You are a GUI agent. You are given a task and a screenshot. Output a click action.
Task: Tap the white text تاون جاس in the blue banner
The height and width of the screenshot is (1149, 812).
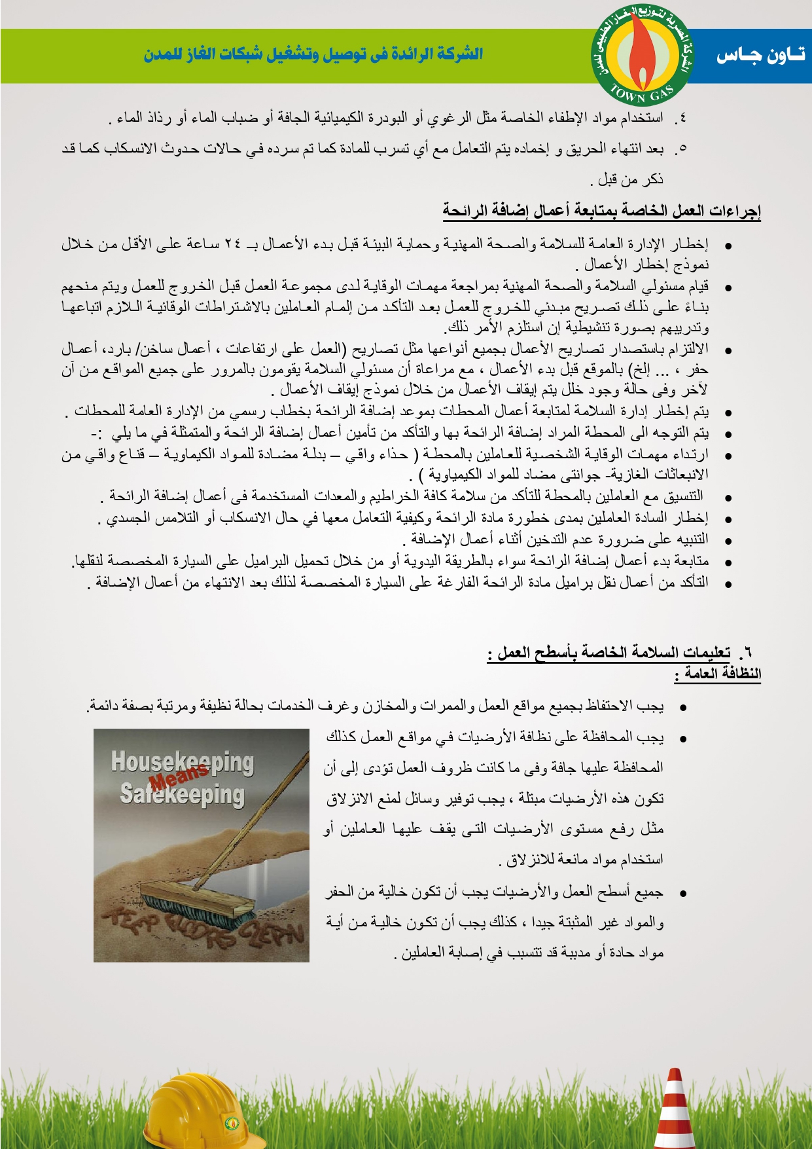760,56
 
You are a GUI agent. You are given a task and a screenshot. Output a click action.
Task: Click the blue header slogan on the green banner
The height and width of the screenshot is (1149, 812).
313,54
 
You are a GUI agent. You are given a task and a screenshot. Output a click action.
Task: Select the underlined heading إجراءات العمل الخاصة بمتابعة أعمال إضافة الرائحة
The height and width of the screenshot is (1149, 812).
601,211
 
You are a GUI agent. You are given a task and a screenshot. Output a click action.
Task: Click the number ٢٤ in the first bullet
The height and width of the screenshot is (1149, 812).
232,244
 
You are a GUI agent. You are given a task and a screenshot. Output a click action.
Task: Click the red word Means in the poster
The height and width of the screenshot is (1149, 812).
178,776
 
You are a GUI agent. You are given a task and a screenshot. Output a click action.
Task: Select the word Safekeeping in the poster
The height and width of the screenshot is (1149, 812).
182,794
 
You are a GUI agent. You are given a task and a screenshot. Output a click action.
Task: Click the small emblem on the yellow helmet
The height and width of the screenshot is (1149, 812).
231,1123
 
